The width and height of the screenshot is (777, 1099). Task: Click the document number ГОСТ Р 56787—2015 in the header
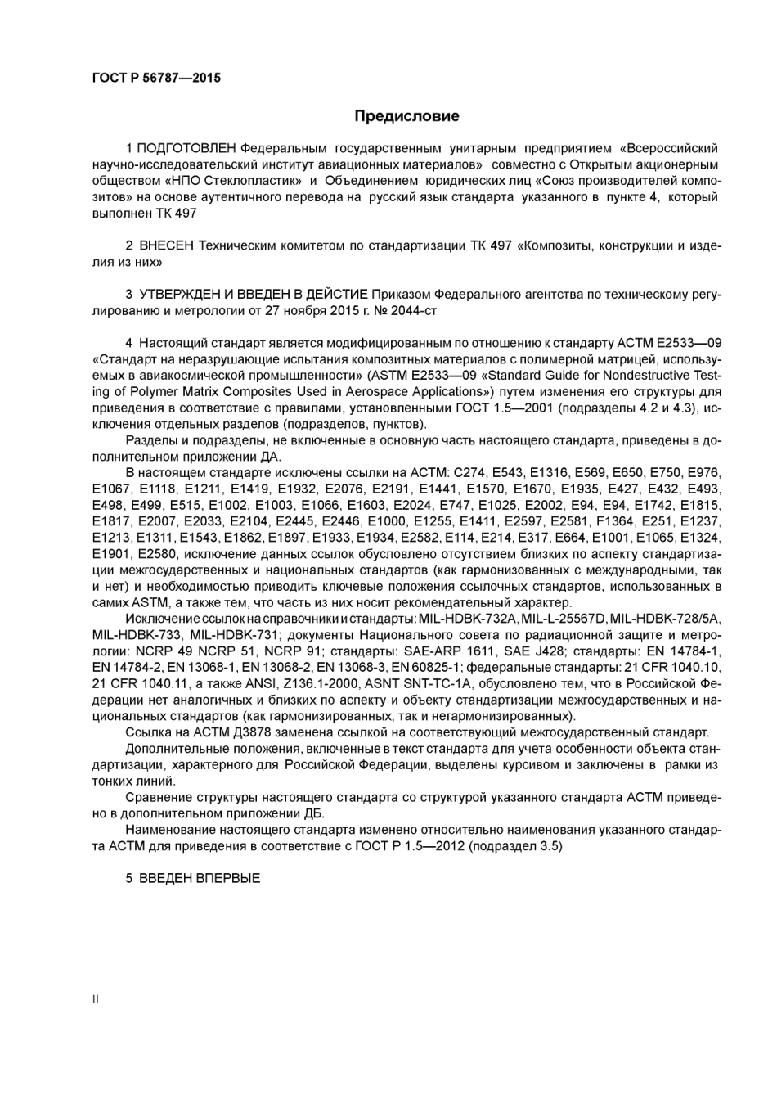tap(157, 78)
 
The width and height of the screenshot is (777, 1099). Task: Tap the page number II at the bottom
tap(96, 999)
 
